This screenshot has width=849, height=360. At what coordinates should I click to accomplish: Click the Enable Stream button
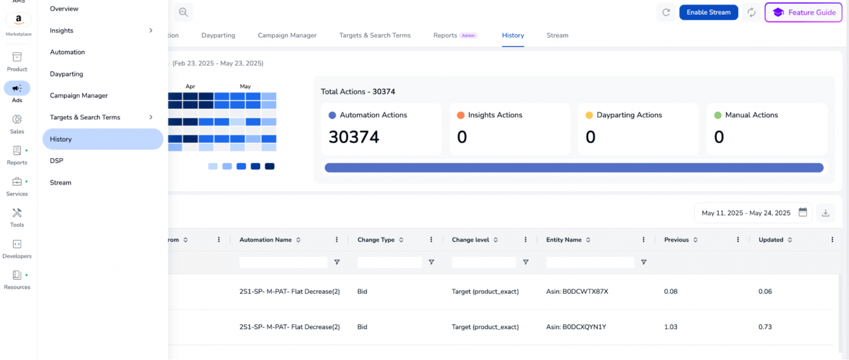click(708, 12)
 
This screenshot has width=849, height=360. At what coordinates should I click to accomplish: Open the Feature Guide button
click(803, 12)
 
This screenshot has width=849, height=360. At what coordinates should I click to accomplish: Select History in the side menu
click(102, 139)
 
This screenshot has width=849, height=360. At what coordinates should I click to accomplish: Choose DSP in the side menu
click(56, 161)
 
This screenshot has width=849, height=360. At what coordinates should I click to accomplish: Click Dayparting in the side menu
click(66, 74)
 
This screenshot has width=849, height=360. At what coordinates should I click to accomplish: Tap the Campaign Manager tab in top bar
click(287, 35)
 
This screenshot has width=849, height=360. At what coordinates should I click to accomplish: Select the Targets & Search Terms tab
click(375, 35)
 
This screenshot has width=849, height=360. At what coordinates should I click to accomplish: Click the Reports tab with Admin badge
click(445, 35)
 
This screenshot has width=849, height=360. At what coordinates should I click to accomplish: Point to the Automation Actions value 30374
click(354, 137)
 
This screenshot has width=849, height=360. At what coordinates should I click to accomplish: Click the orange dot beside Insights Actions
click(460, 116)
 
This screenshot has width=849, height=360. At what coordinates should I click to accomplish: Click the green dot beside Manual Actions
click(717, 116)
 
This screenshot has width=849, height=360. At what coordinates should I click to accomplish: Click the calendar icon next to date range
click(803, 212)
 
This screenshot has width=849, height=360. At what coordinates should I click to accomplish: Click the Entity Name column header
click(564, 240)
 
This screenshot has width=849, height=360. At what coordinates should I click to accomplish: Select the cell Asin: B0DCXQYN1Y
click(576, 327)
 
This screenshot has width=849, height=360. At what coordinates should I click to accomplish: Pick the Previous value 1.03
click(670, 327)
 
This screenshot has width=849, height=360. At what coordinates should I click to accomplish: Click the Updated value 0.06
click(765, 291)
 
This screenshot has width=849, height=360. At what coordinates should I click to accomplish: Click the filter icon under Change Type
click(431, 262)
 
